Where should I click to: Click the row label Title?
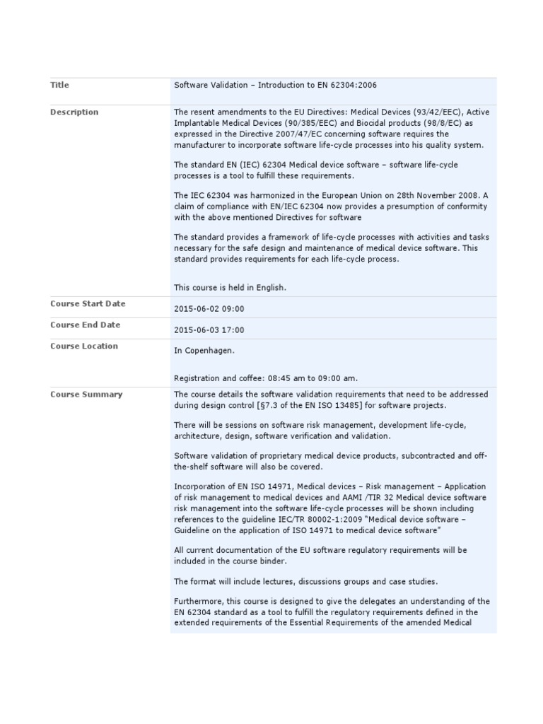pyautogui.click(x=59, y=85)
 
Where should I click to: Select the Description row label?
pyautogui.click(x=74, y=112)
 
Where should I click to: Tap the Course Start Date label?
pyautogui.click(x=88, y=303)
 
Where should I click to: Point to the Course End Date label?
pyautogui.click(x=85, y=325)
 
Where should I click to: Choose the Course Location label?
pyautogui.click(x=84, y=346)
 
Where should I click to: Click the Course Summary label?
pyautogui.click(x=86, y=394)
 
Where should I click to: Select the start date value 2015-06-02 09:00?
pyautogui.click(x=209, y=309)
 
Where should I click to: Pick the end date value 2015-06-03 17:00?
pyautogui.click(x=209, y=330)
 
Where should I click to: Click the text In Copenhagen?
pyautogui.click(x=204, y=351)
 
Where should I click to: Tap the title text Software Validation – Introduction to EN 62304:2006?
pyautogui.click(x=276, y=85)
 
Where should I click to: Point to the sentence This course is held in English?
pyautogui.click(x=230, y=287)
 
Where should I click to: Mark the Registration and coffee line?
pyautogui.click(x=271, y=378)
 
